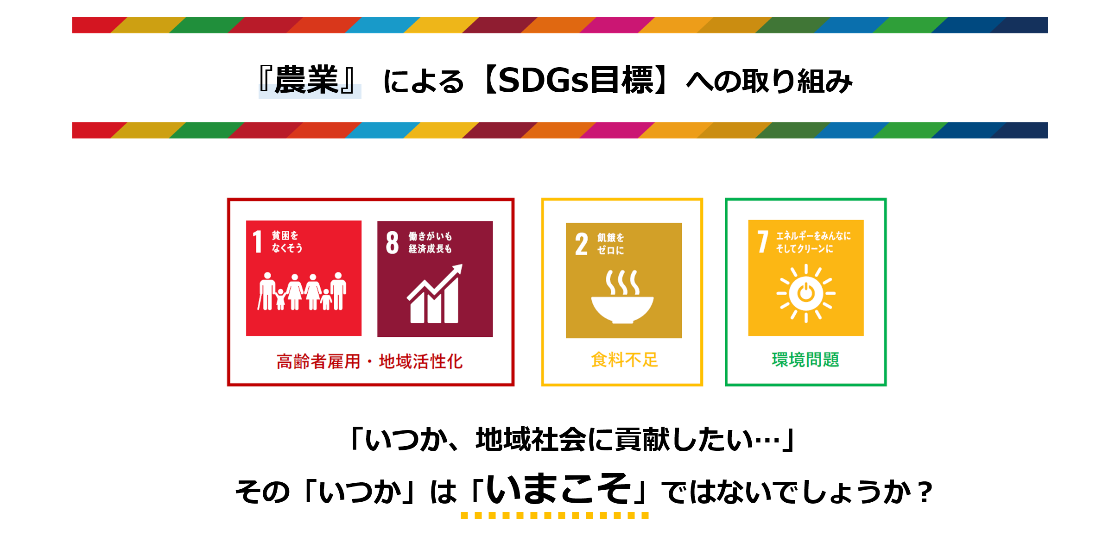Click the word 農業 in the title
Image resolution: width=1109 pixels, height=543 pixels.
pos(306,81)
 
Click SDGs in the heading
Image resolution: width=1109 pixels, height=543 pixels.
pos(543,81)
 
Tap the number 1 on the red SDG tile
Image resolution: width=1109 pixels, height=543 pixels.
pos(257,241)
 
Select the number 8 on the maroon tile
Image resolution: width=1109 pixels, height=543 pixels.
pos(392,242)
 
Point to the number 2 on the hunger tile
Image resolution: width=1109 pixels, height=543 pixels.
pos(581,244)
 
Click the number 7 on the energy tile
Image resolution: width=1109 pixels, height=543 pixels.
pos(762,241)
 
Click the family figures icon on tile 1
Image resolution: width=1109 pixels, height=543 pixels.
pos(302,291)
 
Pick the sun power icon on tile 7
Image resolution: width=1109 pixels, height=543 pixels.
pos(806,293)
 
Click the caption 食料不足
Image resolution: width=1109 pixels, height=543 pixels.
pos(624,360)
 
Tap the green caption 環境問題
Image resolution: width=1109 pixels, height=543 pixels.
pos(805,360)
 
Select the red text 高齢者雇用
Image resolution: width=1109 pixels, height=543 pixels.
pos(318,362)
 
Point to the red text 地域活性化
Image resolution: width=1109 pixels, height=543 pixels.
pos(421,362)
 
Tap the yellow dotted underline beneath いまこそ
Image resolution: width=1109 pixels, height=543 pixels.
pos(554,515)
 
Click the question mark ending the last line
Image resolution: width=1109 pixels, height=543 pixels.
pos(925,492)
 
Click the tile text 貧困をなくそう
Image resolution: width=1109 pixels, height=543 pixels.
pos(286,241)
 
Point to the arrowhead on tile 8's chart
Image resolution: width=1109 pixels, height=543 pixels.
pos(458,268)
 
